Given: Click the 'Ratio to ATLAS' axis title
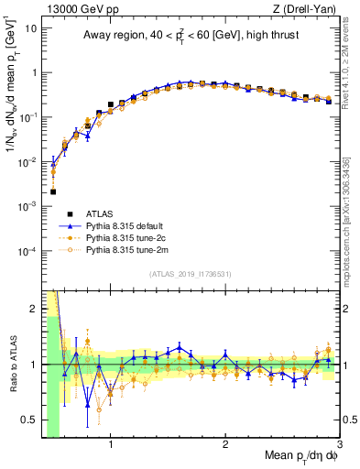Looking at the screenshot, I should pos(12,365).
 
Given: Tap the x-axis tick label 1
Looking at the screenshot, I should pos(111,446).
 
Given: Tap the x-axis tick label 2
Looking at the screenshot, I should pos(225,446).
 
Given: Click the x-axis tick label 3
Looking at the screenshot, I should pos(339,446).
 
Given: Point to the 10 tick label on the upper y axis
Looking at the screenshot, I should pos(31,28).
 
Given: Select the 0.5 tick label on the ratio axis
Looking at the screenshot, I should pos(30,420).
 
